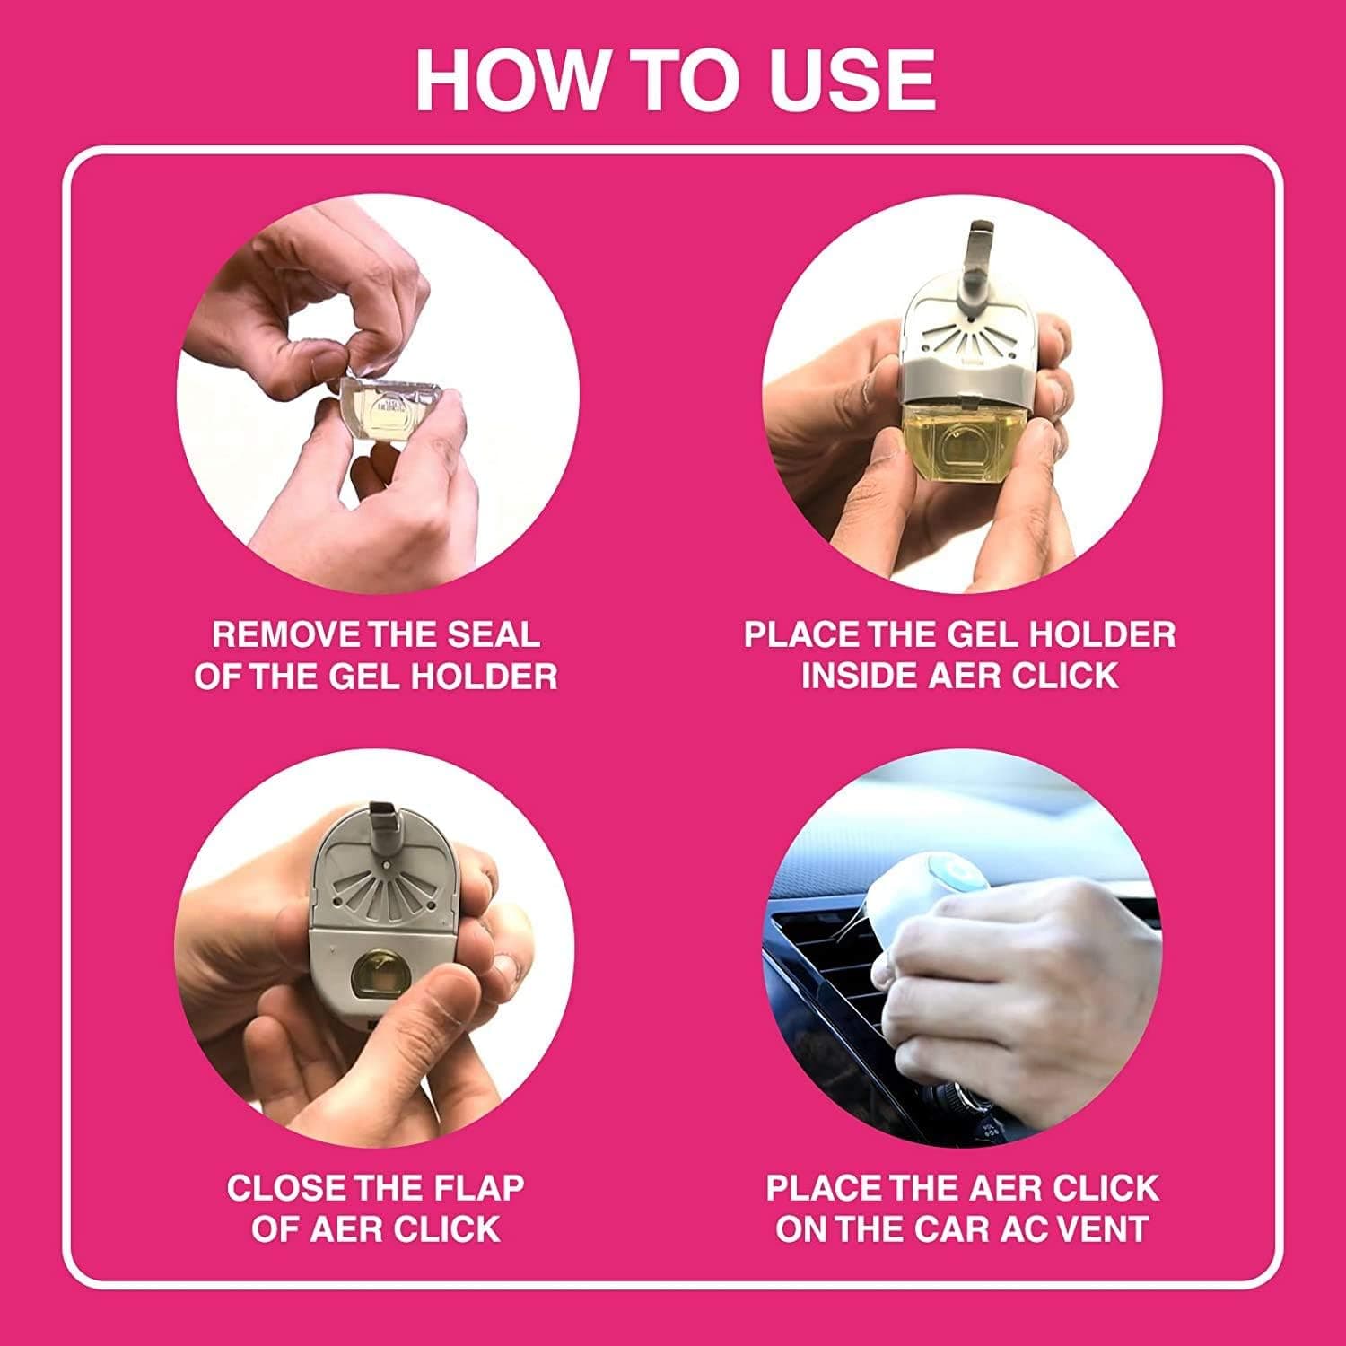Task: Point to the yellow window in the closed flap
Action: point(380,978)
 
